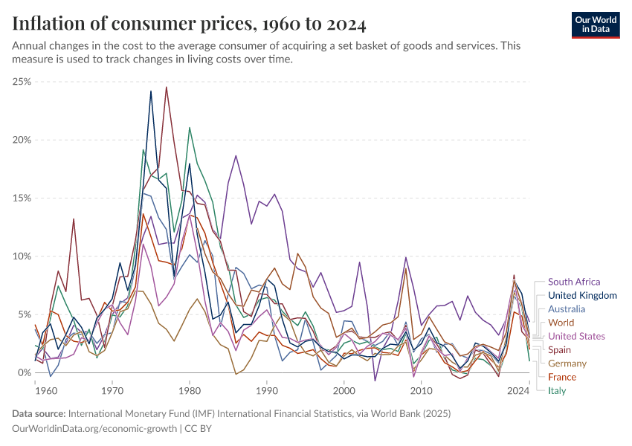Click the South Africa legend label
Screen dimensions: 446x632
pyautogui.click(x=573, y=282)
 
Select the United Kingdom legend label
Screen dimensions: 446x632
pyautogui.click(x=582, y=295)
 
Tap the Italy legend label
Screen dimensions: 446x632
pyautogui.click(x=558, y=390)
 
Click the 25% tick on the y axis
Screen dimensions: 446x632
pyautogui.click(x=22, y=82)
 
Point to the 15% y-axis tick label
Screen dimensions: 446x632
pyautogui.click(x=22, y=198)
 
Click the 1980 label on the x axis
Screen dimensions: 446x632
pyautogui.click(x=190, y=390)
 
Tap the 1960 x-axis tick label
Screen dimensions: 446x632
pyautogui.click(x=35, y=390)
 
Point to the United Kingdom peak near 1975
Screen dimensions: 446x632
pyautogui.click(x=151, y=91)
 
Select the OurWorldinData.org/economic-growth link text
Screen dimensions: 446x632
pyautogui.click(x=94, y=429)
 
